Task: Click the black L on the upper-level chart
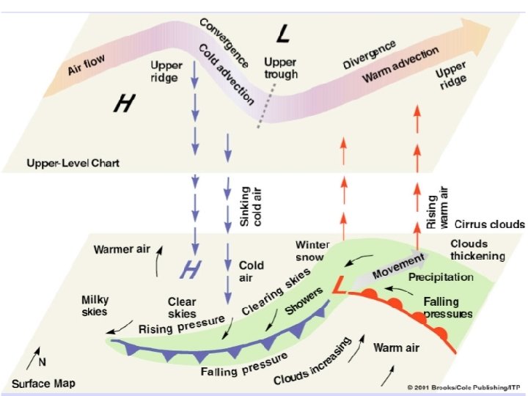(285, 32)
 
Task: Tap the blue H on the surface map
(191, 271)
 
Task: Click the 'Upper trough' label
(280, 68)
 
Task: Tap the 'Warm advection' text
(401, 65)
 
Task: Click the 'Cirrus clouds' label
(489, 224)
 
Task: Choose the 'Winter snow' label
(312, 251)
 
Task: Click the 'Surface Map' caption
(43, 384)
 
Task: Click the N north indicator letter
(42, 362)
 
